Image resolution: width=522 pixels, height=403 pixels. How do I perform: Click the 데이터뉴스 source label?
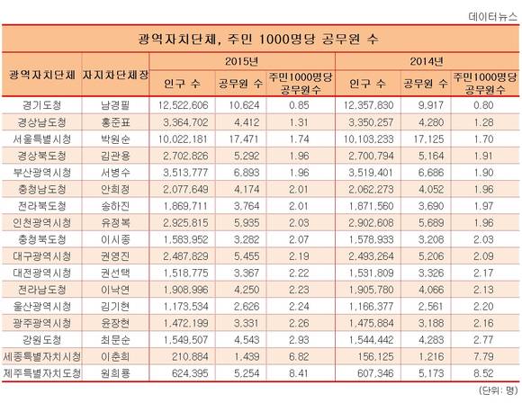(492, 16)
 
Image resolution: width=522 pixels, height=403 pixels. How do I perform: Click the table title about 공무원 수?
(258, 40)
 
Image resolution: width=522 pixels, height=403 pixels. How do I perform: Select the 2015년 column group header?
(242, 61)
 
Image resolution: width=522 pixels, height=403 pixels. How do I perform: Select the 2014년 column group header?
(427, 61)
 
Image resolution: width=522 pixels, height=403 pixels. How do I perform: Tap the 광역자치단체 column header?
(42, 75)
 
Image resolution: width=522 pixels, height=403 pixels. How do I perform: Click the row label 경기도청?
(42, 105)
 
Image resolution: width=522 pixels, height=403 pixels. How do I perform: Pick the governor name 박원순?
(115, 139)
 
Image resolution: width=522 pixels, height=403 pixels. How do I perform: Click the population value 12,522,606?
(183, 105)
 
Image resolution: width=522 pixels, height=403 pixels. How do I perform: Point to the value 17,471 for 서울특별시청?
(244, 139)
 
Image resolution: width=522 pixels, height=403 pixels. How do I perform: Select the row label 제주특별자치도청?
(42, 373)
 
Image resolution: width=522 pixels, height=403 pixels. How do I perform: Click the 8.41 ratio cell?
(299, 373)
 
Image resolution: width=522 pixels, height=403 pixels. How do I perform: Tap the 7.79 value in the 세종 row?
(483, 357)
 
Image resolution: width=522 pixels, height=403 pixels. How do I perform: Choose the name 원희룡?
(115, 373)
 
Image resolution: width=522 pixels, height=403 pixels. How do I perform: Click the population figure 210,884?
(190, 357)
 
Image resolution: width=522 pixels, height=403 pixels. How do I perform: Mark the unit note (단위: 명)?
(498, 390)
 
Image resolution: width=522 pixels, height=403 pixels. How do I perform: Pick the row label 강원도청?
(42, 340)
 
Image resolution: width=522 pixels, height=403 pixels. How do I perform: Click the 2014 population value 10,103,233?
(368, 139)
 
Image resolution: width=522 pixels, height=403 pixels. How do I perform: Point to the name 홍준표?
(115, 122)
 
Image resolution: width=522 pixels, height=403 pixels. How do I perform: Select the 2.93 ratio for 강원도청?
(299, 340)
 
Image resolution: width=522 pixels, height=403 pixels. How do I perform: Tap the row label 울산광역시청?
(42, 307)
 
